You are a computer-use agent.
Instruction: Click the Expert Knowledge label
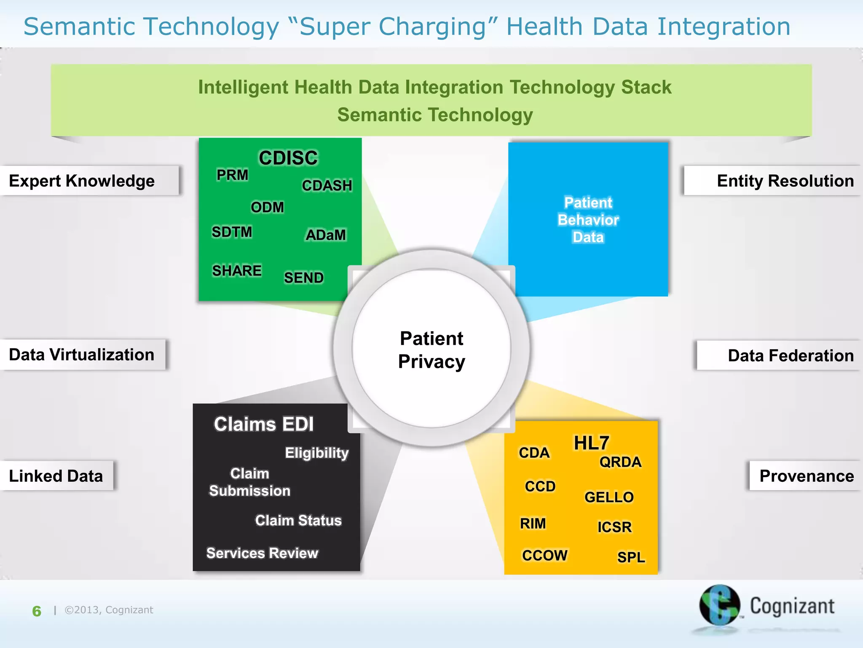(82, 181)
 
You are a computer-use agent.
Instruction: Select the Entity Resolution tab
(785, 181)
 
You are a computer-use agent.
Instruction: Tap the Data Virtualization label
(82, 355)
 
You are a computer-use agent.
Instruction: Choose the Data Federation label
(791, 356)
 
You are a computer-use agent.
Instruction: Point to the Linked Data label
(56, 476)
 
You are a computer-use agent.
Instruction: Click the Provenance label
(806, 476)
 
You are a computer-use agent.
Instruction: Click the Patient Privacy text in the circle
(431, 350)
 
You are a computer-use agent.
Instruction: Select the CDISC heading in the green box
(288, 158)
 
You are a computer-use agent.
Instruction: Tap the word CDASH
(327, 186)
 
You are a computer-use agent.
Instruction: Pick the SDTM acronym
(232, 232)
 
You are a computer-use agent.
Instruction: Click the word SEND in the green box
(303, 278)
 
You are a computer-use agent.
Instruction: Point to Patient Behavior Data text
(588, 220)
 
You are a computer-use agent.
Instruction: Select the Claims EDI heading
(264, 424)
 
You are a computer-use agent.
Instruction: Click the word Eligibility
(317, 453)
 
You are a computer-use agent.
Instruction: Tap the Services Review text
(262, 553)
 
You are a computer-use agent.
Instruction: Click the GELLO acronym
(609, 497)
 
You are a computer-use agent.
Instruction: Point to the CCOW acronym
(544, 555)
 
